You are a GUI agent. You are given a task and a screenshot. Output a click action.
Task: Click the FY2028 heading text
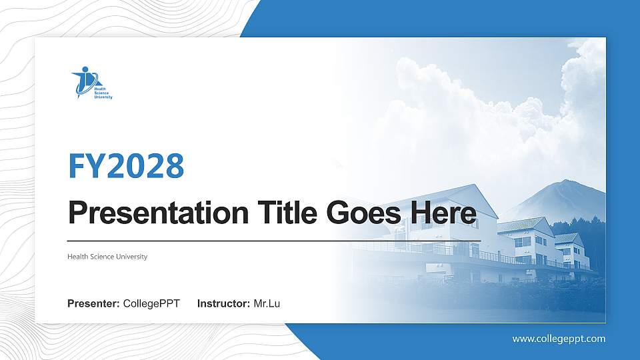[x=126, y=166]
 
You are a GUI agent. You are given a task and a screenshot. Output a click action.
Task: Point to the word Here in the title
[x=443, y=213]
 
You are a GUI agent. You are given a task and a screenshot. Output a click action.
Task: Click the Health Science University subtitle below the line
[x=107, y=257]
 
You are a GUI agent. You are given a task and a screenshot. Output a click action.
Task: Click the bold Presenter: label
[x=93, y=304]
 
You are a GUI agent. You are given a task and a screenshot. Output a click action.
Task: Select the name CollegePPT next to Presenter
[x=151, y=304]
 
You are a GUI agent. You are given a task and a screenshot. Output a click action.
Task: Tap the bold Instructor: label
[x=224, y=304]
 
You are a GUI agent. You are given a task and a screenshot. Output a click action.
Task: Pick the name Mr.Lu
[x=267, y=304]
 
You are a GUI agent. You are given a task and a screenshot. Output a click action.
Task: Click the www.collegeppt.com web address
[x=559, y=339]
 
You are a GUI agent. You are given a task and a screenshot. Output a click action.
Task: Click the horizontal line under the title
[x=273, y=241]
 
